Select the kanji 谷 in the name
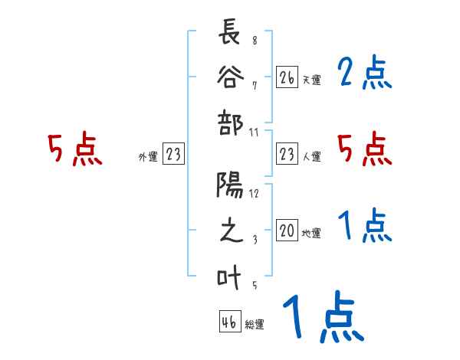[231, 79]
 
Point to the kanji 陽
[231, 186]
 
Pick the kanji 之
[231, 231]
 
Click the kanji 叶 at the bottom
[231, 277]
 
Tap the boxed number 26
[287, 77]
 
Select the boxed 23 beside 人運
[287, 154]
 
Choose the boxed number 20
[287, 231]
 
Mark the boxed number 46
[228, 322]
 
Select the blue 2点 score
[365, 74]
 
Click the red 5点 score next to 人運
[365, 149]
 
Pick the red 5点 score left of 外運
[74, 149]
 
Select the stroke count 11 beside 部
[255, 132]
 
